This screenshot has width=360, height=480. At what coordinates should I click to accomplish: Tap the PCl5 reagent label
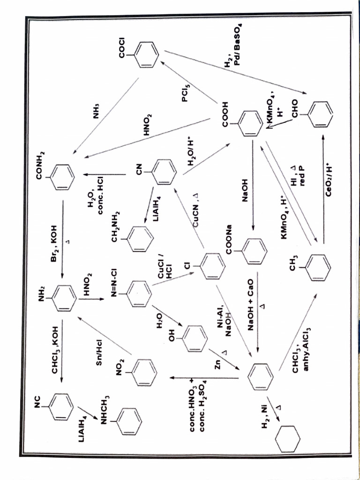tap(186, 92)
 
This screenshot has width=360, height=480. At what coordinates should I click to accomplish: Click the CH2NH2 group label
tap(114, 226)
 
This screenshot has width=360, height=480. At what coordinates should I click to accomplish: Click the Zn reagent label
tap(217, 364)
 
